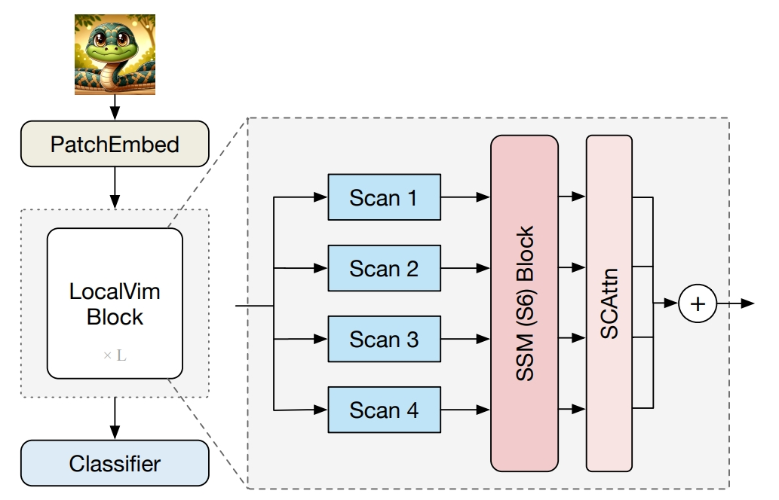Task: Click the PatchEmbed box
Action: point(115,144)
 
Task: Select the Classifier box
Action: point(115,463)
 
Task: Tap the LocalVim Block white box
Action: point(115,303)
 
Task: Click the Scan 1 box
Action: point(384,197)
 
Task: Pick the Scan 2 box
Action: point(384,268)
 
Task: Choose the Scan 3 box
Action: point(384,339)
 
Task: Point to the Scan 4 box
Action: point(384,410)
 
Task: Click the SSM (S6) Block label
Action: point(526,303)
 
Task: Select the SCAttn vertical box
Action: point(609,303)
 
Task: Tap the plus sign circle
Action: point(698,303)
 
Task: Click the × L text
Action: point(115,355)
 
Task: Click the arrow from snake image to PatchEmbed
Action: point(115,108)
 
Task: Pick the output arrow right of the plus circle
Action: point(736,303)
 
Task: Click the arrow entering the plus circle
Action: point(667,303)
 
